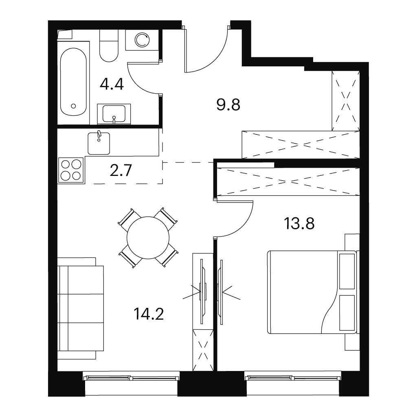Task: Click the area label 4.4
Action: (x=112, y=85)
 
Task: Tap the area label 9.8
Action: (x=228, y=105)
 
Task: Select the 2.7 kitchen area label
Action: (x=121, y=171)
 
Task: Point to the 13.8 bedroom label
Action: (x=299, y=223)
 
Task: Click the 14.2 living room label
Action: (x=148, y=314)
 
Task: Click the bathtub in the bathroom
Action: (x=73, y=82)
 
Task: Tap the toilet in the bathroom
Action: (x=109, y=45)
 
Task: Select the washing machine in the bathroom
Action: (x=142, y=40)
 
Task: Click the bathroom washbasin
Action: (x=114, y=114)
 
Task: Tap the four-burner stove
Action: (x=71, y=170)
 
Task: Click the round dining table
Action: (x=148, y=238)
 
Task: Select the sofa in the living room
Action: (x=81, y=309)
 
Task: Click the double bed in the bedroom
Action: (x=312, y=292)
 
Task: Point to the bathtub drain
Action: (x=73, y=106)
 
